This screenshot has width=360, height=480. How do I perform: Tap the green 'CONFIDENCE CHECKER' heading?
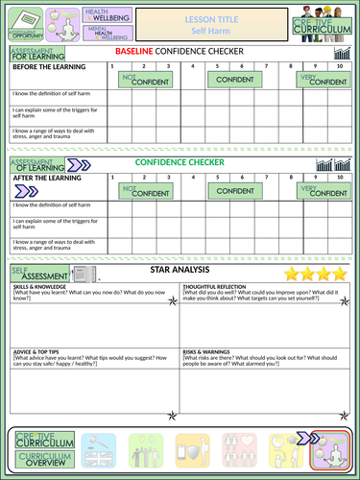coord(180,162)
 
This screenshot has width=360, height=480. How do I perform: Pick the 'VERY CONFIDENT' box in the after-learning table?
coord(324,191)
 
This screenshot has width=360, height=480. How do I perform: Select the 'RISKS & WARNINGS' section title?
coord(208,351)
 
